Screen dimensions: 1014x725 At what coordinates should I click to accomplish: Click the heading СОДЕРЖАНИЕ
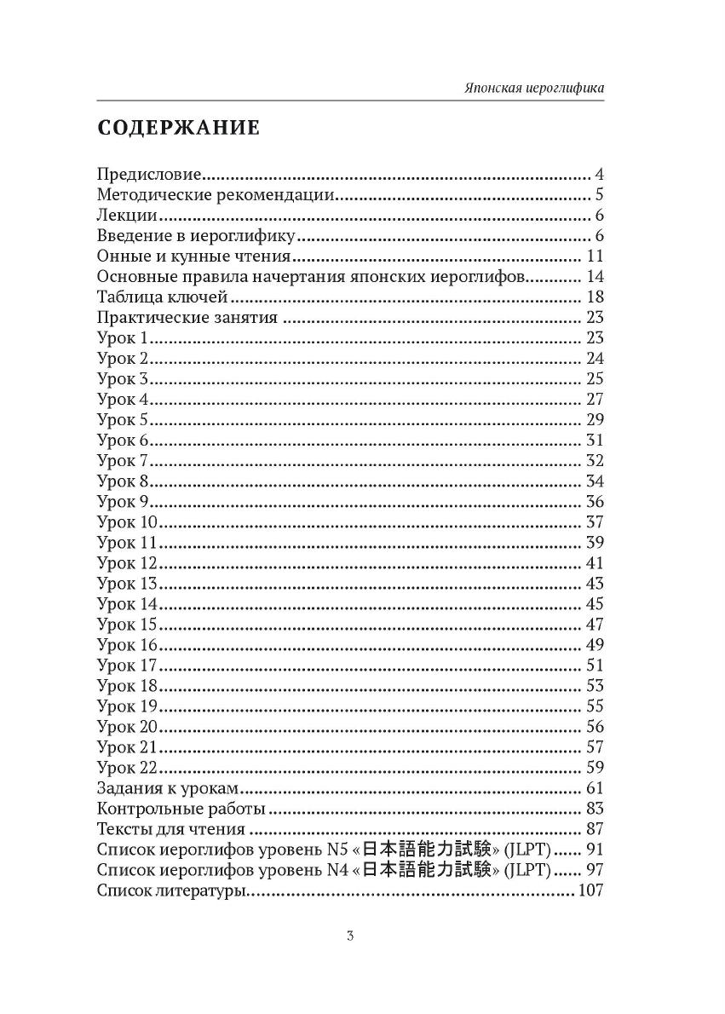(178, 129)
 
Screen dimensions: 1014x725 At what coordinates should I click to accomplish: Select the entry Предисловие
(149, 175)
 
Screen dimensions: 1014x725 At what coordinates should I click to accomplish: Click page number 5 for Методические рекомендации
(599, 195)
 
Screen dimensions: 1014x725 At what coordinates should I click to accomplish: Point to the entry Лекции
(127, 216)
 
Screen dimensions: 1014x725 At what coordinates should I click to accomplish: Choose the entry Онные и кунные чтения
(195, 256)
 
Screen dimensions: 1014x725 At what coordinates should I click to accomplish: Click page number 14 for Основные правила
(595, 277)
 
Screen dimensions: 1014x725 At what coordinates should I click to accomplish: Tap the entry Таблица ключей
(162, 297)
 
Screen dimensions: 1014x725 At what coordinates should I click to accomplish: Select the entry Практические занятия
(187, 318)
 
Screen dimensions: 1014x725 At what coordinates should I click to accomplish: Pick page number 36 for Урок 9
(595, 502)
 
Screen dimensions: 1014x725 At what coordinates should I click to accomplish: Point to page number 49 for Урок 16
(595, 645)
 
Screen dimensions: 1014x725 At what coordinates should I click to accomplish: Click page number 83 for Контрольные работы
(595, 809)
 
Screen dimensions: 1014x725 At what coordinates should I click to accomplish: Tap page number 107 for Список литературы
(590, 890)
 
